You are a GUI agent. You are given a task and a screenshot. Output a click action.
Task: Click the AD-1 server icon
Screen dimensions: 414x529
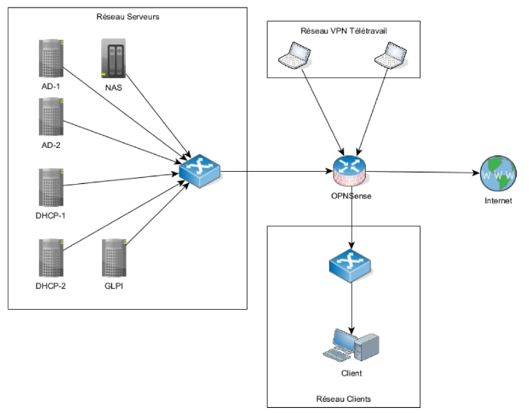coord(51,58)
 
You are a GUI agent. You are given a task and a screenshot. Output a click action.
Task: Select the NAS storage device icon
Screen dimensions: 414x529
coord(113,58)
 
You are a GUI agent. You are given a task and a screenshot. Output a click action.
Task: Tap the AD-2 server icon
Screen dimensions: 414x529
coord(51,117)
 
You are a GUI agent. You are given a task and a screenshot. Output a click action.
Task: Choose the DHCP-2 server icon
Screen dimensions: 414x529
coord(51,258)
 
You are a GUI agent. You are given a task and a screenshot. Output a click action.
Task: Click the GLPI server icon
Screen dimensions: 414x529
coord(113,258)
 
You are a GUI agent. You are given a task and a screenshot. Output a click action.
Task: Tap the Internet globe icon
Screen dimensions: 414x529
coord(498,173)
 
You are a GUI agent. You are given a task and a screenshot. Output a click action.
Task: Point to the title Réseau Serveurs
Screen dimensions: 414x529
coord(127,18)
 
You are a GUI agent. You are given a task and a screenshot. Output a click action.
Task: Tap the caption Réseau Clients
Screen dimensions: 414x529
coord(343,399)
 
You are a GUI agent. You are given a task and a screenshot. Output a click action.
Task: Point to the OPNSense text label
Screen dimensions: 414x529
coord(352,198)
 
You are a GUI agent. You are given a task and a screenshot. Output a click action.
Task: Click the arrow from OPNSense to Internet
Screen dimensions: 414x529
coord(426,171)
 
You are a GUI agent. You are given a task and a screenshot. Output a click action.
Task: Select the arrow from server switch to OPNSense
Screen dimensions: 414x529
coord(276,170)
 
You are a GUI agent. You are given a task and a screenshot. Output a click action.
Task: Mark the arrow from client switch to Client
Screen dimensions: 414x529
coord(352,303)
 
